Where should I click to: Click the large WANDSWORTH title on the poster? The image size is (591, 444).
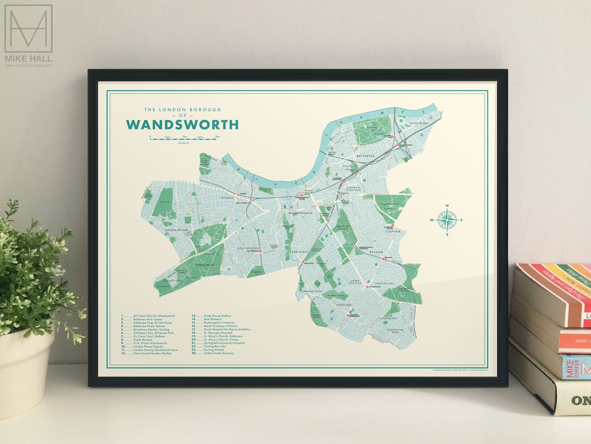182,124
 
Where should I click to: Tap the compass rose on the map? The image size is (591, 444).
447,220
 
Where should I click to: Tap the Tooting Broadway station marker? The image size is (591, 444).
348,315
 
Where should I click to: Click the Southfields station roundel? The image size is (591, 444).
261,252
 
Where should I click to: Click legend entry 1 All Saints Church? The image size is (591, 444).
148,316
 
